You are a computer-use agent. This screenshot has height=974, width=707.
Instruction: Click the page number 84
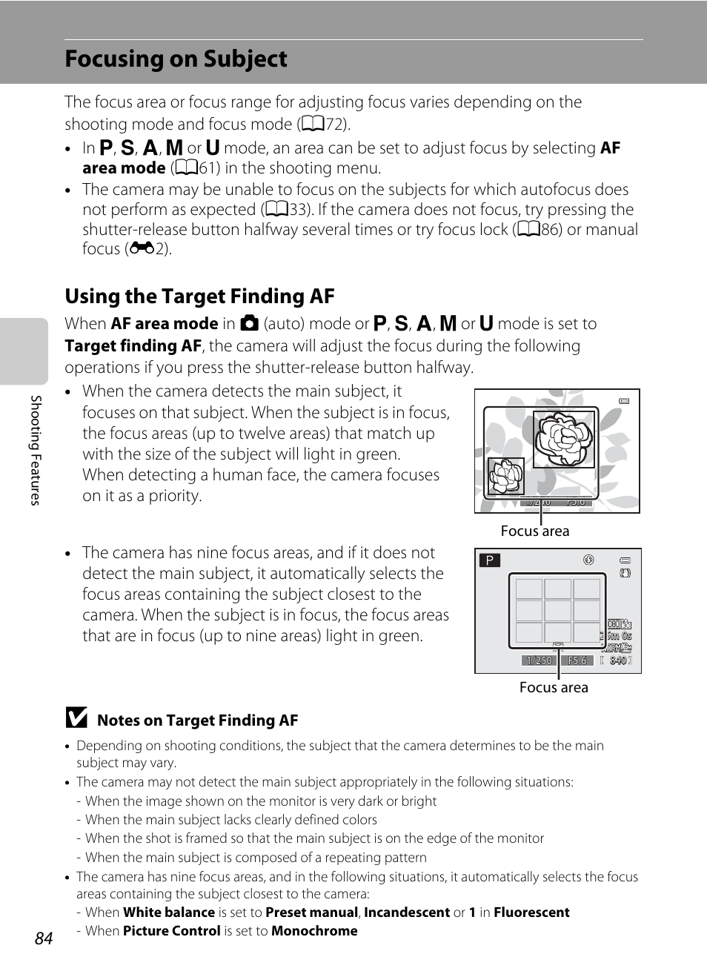pyautogui.click(x=44, y=938)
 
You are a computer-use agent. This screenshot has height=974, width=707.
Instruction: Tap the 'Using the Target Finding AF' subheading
pyautogui.click(x=199, y=296)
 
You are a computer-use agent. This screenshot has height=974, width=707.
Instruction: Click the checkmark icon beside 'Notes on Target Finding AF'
pyautogui.click(x=76, y=718)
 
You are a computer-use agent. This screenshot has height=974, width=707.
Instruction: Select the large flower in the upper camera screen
pyautogui.click(x=564, y=439)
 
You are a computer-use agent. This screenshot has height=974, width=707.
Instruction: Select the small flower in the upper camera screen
pyautogui.click(x=506, y=476)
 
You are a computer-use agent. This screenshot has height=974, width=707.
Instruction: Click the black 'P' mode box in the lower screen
pyautogui.click(x=490, y=560)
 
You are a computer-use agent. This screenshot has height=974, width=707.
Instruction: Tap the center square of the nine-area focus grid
pyautogui.click(x=557, y=611)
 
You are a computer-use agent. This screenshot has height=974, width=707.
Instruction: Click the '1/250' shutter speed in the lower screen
pyautogui.click(x=539, y=660)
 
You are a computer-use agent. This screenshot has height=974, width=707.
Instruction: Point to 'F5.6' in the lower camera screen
pyautogui.click(x=577, y=660)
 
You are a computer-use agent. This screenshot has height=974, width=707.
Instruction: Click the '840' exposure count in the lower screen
pyautogui.click(x=618, y=660)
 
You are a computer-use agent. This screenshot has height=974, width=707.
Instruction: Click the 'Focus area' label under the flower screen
pyautogui.click(x=535, y=531)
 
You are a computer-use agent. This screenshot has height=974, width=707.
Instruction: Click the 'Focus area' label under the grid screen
pyautogui.click(x=554, y=688)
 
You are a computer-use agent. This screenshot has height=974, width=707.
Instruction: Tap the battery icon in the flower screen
pyautogui.click(x=625, y=401)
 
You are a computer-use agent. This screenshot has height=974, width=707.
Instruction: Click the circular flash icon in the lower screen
pyautogui.click(x=589, y=560)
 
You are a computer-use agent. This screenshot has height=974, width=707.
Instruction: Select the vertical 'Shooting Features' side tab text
pyautogui.click(x=35, y=450)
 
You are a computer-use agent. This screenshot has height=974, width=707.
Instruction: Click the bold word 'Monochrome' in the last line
pyautogui.click(x=314, y=931)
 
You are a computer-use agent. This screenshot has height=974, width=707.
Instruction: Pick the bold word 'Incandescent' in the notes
pyautogui.click(x=406, y=912)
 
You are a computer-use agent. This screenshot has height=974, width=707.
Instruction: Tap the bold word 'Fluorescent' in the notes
pyautogui.click(x=531, y=912)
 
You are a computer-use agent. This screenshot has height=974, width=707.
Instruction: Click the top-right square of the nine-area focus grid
pyautogui.click(x=586, y=589)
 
